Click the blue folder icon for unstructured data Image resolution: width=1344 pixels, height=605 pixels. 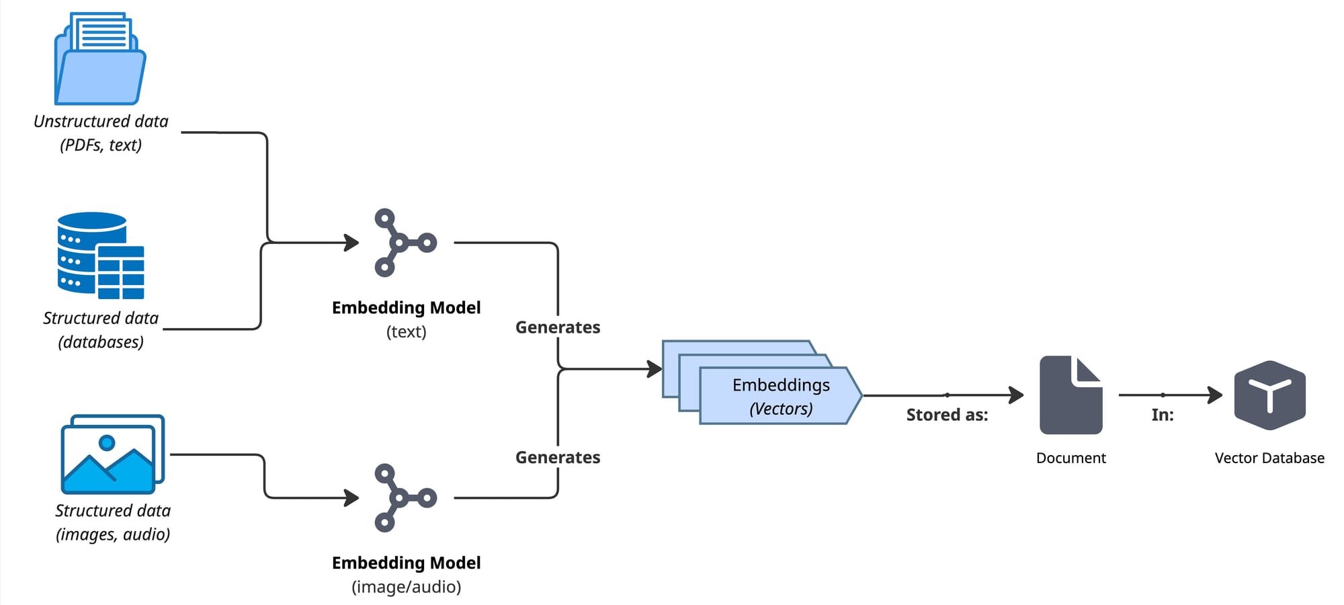100,61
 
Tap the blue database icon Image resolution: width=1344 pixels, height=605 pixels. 100,255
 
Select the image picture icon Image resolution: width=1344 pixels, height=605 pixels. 112,454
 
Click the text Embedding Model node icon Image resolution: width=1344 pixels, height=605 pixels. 404,243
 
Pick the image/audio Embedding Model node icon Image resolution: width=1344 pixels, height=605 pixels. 404,497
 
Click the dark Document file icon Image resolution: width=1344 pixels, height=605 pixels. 1070,395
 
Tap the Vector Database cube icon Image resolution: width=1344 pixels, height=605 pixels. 1269,395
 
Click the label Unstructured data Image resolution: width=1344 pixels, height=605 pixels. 101,122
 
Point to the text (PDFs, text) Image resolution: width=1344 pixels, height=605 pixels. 101,145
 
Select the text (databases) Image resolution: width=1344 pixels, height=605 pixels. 101,342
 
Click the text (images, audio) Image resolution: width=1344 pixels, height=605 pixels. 113,534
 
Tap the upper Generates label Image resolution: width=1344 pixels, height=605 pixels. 558,327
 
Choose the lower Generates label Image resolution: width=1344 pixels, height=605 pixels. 558,458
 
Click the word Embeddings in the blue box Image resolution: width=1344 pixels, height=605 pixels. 781,385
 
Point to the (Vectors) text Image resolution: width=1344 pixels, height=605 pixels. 781,409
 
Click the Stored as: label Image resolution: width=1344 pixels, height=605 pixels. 947,415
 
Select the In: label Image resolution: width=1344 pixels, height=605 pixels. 1163,415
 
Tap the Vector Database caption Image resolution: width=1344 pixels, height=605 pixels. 1269,458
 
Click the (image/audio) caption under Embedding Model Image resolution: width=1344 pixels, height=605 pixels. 407,587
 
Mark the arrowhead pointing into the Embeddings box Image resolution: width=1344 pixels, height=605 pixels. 655,368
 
